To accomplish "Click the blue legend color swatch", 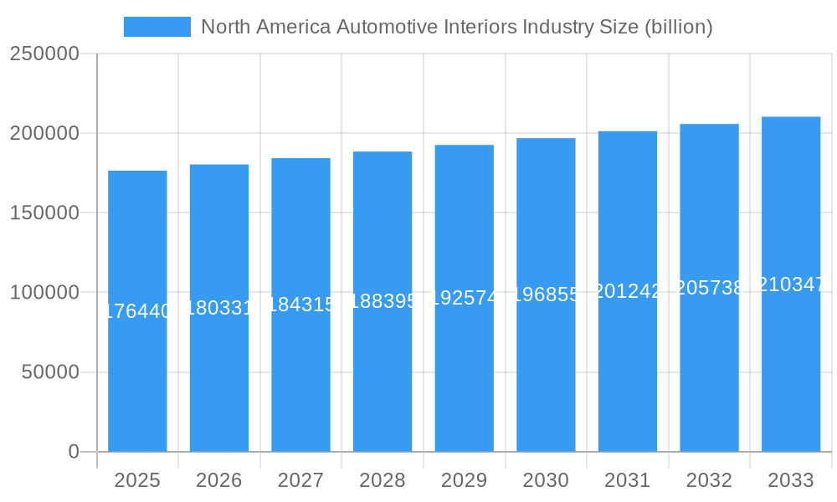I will tap(157, 27).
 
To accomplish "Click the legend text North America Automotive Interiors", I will tap(457, 27).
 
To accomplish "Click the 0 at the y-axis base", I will tap(74, 452).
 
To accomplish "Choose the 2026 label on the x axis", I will tap(219, 480).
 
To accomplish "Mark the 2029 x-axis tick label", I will tap(465, 480).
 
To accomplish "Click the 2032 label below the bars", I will tap(709, 480).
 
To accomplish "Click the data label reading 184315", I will tap(300, 305).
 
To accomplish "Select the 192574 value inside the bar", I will tap(465, 298).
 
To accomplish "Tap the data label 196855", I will tap(546, 295).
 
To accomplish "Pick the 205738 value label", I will tap(709, 288).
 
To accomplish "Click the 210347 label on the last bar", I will tap(791, 284).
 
